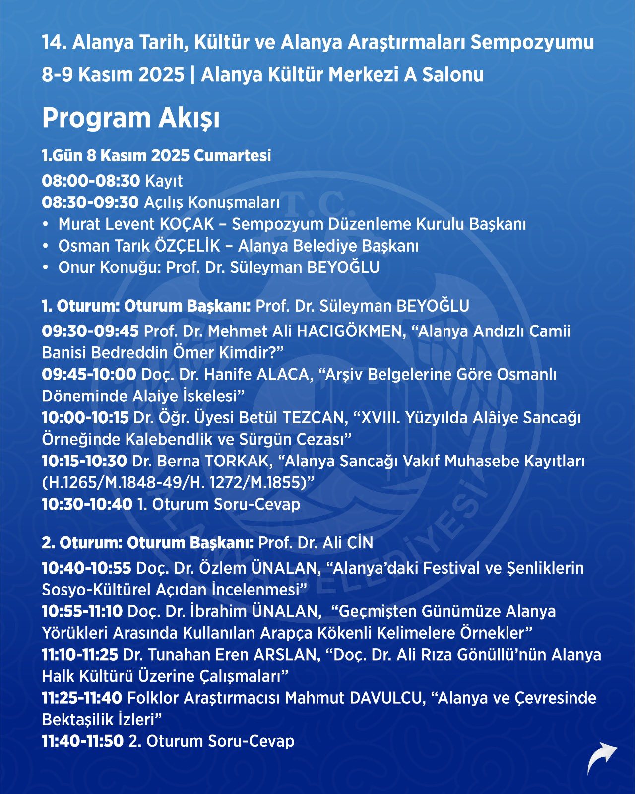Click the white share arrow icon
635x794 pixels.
coord(602,759)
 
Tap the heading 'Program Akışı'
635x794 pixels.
coord(130,118)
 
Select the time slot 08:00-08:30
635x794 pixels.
coord(91,181)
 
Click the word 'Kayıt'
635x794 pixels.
coord(164,181)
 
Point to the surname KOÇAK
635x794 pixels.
coord(187,224)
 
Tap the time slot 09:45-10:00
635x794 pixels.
coord(89,375)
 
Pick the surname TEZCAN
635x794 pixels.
coord(313,418)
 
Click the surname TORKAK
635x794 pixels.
coord(239,462)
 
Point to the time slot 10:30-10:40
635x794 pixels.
coord(87,505)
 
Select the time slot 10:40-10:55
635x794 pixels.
coord(86,568)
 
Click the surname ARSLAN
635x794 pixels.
coord(286,655)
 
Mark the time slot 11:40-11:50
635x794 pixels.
coord(82,741)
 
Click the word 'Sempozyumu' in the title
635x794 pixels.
coord(532,43)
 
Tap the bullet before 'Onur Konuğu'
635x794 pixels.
coord(46,268)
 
